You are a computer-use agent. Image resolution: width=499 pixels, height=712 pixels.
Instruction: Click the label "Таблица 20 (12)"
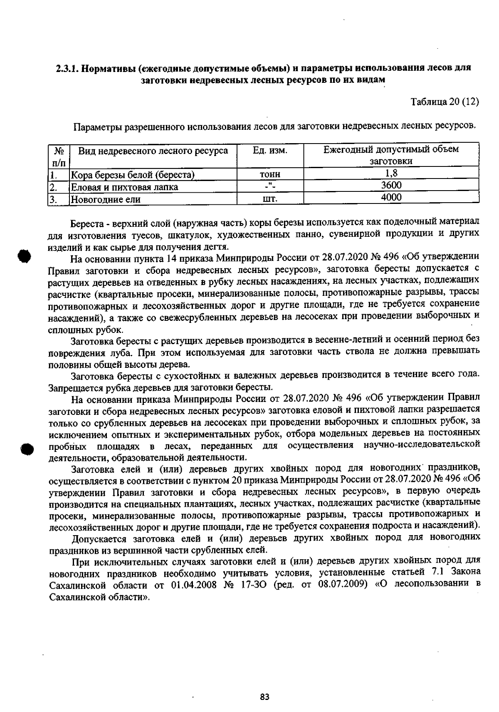click(445, 102)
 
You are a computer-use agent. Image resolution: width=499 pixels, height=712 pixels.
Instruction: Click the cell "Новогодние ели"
click(106, 199)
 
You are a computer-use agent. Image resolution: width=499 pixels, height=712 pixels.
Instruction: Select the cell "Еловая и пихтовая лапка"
click(125, 187)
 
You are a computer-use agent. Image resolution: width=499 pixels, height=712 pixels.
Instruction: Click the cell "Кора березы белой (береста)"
click(133, 175)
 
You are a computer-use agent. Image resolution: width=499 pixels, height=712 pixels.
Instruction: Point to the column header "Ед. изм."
click(270, 150)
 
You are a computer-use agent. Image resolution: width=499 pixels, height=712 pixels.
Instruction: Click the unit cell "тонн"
click(270, 175)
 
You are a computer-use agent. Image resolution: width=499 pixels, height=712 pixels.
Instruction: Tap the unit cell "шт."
click(270, 199)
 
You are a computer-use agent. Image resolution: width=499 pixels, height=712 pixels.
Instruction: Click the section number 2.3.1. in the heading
click(67, 68)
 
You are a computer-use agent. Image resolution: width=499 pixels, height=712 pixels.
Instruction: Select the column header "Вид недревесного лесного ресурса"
click(153, 151)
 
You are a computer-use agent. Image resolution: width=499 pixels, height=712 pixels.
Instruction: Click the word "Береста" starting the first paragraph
click(85, 221)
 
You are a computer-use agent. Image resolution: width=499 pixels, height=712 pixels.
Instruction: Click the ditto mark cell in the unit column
click(270, 186)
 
